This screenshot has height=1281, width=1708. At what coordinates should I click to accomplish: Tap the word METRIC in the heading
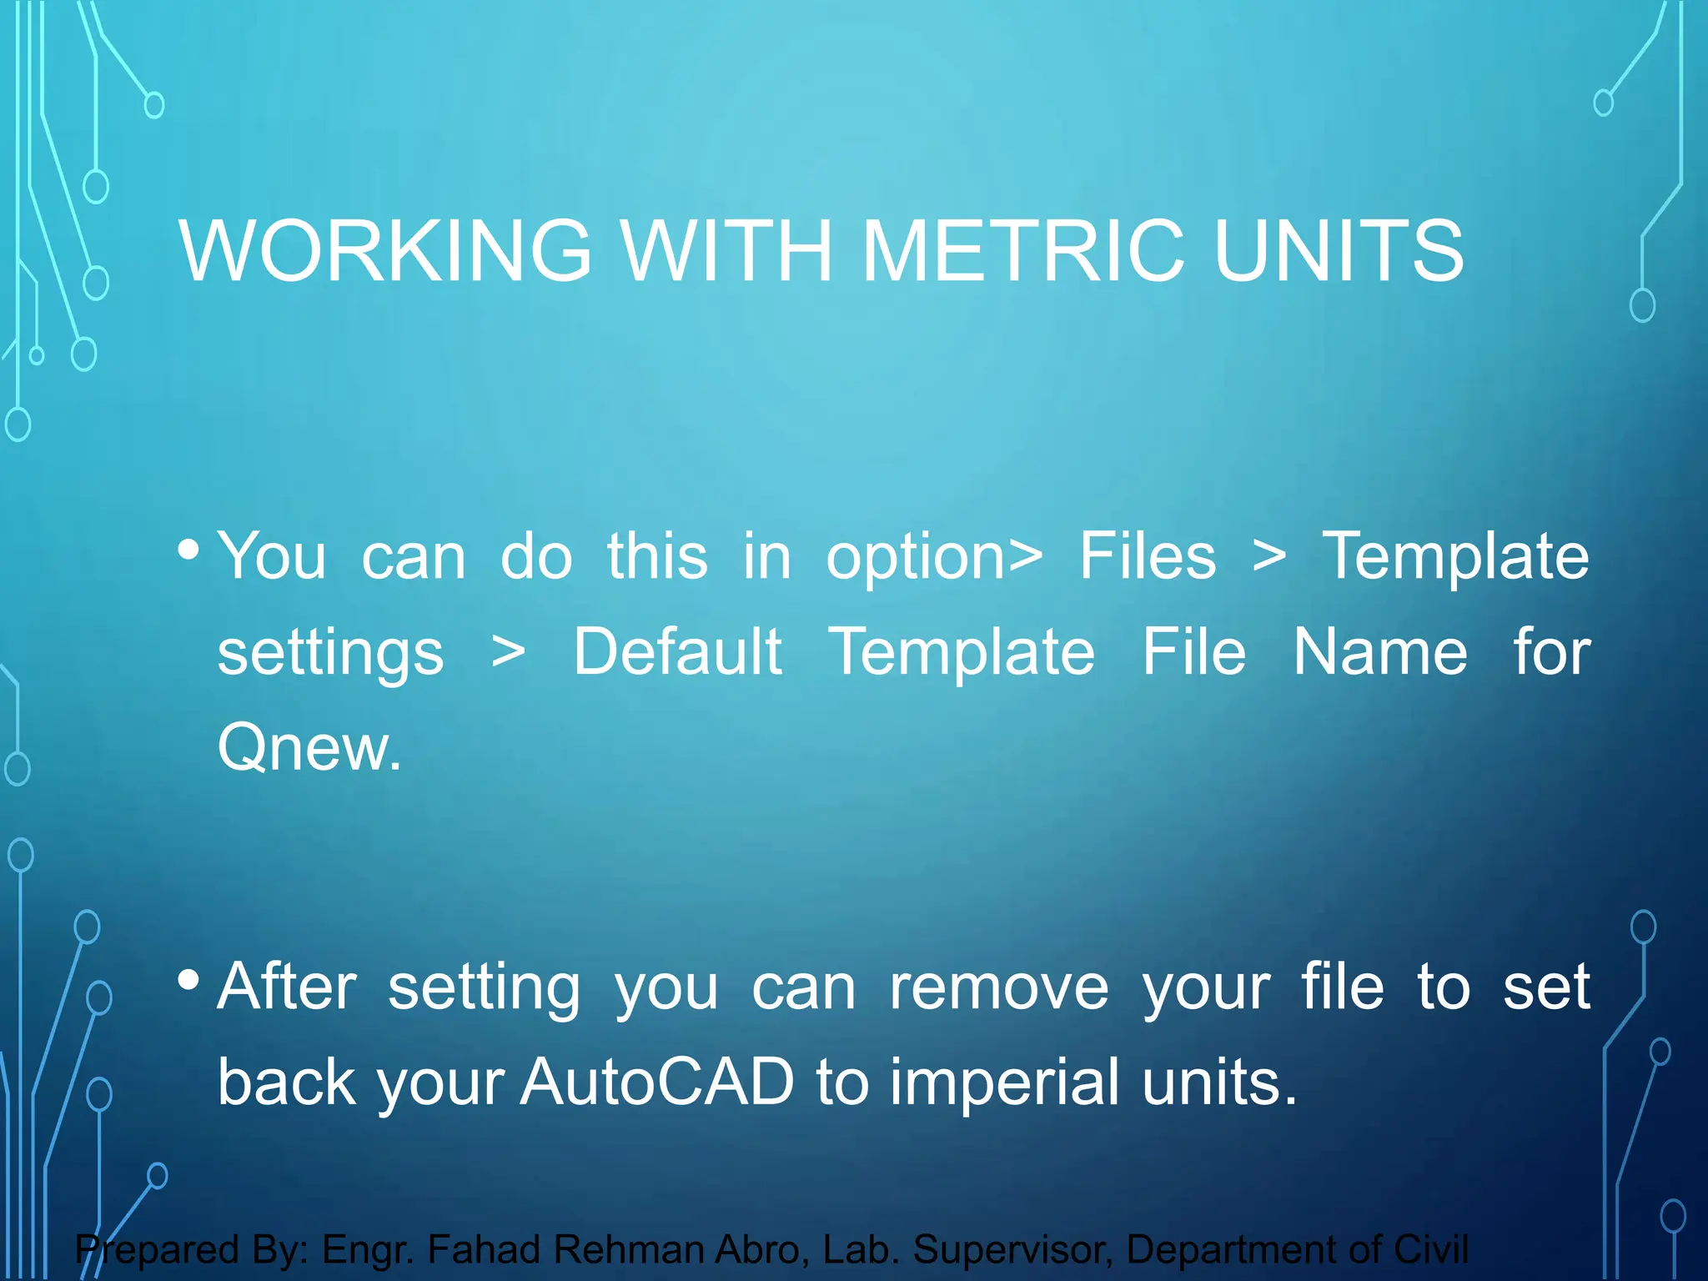coord(1022,250)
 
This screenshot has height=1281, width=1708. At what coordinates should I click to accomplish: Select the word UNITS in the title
coord(1338,250)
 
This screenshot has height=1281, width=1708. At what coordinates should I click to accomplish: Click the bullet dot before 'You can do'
coord(188,550)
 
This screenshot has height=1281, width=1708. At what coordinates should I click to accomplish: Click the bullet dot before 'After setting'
coord(188,980)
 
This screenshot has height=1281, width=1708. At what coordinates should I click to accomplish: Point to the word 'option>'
coord(934,557)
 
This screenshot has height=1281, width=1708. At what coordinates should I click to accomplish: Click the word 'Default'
coord(677,651)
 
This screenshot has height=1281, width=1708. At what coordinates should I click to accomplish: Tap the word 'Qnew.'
coord(309,747)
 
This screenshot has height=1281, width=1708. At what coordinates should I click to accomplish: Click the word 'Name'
coord(1379,651)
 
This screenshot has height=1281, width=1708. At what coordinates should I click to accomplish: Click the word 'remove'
coord(998,987)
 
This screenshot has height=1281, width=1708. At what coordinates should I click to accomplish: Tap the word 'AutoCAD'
coord(657,1082)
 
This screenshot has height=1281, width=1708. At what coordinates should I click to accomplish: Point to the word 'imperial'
coord(1003,1082)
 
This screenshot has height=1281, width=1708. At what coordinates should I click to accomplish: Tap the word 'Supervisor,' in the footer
coord(1012,1249)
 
